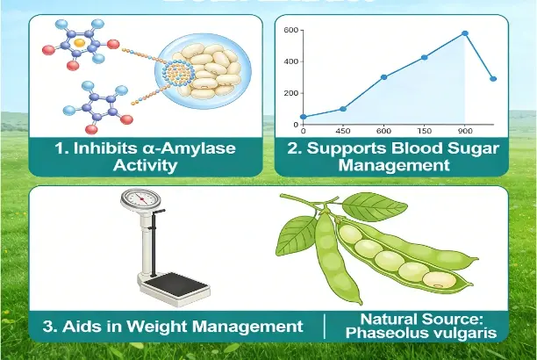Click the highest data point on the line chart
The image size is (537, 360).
pyautogui.click(x=465, y=33)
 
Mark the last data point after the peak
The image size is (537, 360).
pyautogui.click(x=493, y=79)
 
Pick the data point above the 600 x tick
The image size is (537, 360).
pyautogui.click(x=383, y=76)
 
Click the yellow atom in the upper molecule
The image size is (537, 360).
pyautogui.click(x=79, y=41)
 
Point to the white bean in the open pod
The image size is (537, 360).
pyautogui.click(x=436, y=278)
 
